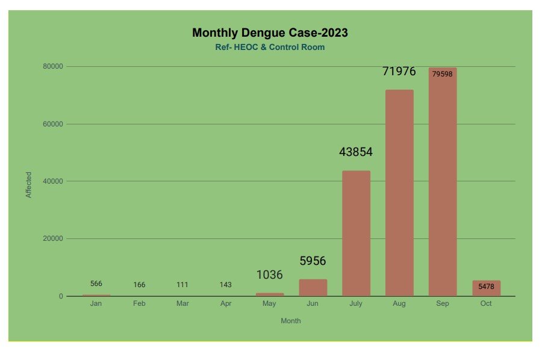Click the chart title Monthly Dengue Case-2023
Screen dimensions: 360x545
pyautogui.click(x=270, y=33)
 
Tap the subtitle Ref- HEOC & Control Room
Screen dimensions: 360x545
pyautogui.click(x=270, y=47)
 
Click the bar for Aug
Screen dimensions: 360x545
pyautogui.click(x=399, y=193)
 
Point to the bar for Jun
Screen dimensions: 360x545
pyautogui.click(x=313, y=288)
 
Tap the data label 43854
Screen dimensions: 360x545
pyautogui.click(x=356, y=152)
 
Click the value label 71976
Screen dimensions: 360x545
pyautogui.click(x=399, y=72)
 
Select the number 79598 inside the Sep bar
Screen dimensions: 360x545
pyautogui.click(x=443, y=74)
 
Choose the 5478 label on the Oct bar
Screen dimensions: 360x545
pyautogui.click(x=486, y=287)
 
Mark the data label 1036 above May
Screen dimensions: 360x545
pyautogui.click(x=269, y=275)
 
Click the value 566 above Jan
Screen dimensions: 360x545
pyautogui.click(x=96, y=284)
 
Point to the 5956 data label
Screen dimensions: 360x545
pyautogui.click(x=313, y=261)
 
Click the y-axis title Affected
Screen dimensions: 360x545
pyautogui.click(x=28, y=185)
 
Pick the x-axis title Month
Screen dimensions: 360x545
pyautogui.click(x=291, y=321)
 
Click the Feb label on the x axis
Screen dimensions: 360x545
pyautogui.click(x=139, y=303)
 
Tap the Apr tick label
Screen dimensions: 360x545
pyautogui.click(x=226, y=303)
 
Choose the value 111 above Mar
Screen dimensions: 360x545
pyautogui.click(x=182, y=285)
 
